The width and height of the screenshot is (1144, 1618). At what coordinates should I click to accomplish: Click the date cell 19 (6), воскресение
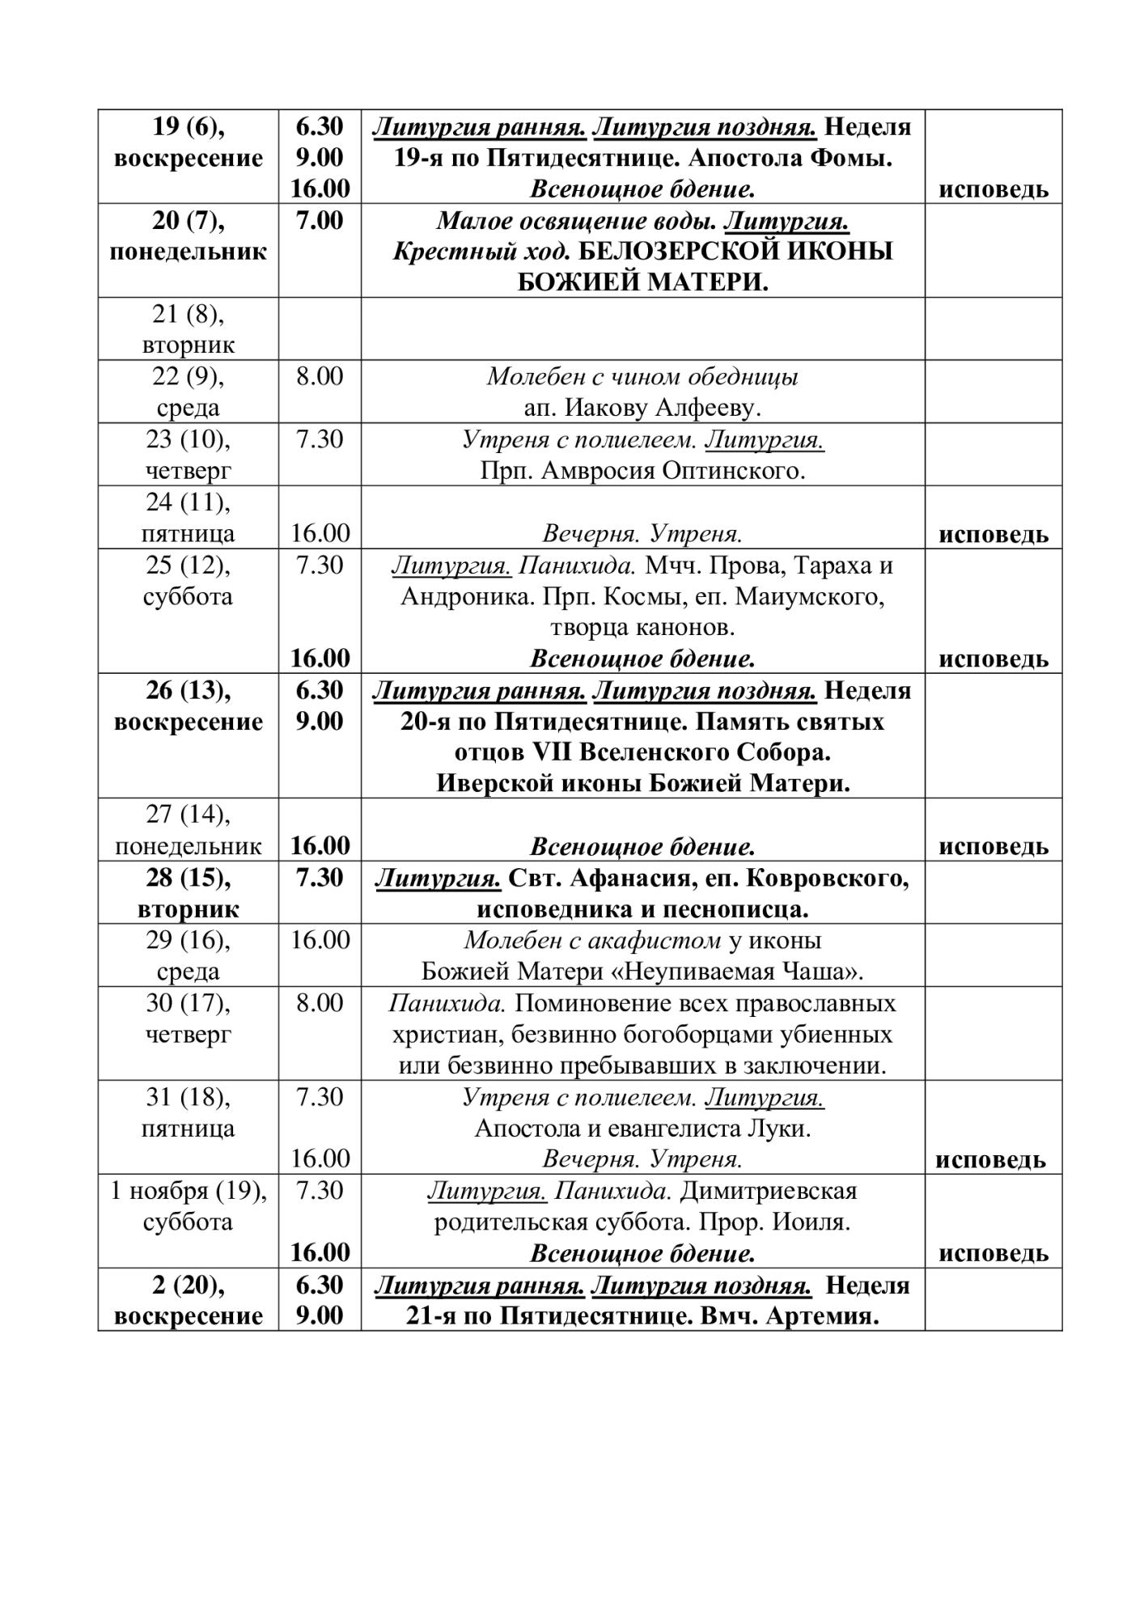[188, 142]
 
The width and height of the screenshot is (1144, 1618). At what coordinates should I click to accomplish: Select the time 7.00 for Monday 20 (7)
[320, 221]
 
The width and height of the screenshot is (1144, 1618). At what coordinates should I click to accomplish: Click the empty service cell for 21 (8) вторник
[642, 328]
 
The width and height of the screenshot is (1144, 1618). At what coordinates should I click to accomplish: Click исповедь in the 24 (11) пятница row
[993, 534]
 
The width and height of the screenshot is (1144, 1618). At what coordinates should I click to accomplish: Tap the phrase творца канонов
[642, 628]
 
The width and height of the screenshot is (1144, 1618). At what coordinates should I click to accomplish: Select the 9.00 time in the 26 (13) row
[320, 721]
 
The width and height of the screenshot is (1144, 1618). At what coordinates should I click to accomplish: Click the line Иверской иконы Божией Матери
[642, 784]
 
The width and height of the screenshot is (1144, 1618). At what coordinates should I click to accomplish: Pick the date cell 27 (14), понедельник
[188, 830]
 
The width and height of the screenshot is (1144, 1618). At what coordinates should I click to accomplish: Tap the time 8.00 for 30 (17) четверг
[320, 1003]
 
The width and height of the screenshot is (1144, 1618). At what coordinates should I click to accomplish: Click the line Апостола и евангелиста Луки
[642, 1129]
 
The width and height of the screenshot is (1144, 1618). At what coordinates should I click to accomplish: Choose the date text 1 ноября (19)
[188, 1191]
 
